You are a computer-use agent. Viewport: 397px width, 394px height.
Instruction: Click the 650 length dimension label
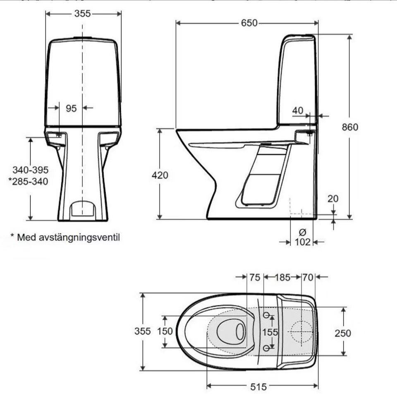tap(249, 23)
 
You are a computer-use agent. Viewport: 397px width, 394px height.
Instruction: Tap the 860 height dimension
tap(350, 127)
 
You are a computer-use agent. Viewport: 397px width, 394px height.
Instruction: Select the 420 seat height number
tap(160, 175)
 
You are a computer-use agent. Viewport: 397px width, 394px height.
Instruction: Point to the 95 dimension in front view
tap(71, 108)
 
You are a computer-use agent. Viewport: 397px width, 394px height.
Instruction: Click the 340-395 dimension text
tap(30, 170)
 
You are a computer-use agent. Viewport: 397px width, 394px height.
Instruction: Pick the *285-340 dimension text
tap(28, 181)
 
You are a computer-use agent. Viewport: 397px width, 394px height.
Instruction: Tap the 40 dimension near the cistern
tap(297, 111)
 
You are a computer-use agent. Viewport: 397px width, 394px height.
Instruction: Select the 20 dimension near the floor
tap(333, 199)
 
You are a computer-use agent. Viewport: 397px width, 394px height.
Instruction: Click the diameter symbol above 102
tap(302, 232)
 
